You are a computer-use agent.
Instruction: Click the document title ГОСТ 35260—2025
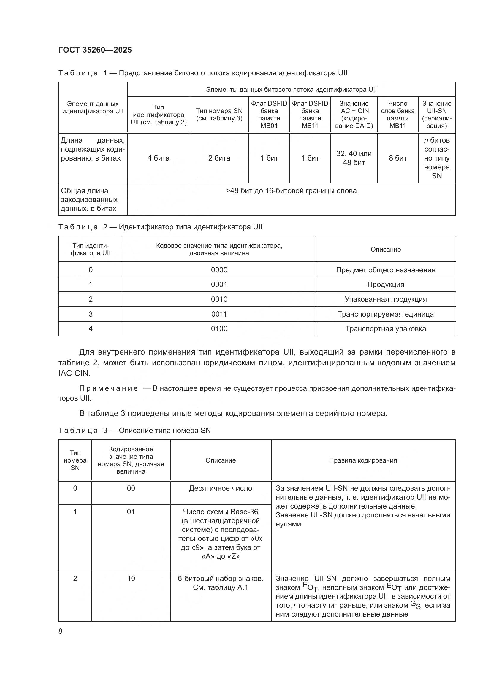tap(95, 50)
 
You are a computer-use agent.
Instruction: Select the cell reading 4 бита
tap(159, 158)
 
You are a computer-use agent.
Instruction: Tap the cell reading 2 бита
tap(219, 158)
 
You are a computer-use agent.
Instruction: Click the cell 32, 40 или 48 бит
tap(354, 158)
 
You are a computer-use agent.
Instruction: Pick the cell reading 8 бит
tap(397, 158)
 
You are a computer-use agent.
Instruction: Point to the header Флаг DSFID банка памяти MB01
tap(269, 115)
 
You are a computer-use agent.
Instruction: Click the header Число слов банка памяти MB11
tap(397, 115)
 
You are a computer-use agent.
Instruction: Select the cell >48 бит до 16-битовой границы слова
tap(291, 191)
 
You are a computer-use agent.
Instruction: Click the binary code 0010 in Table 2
tap(219, 299)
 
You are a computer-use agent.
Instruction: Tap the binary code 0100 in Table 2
tap(219, 328)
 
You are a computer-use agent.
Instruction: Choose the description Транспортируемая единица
tap(386, 314)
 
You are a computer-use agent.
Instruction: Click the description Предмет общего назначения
tap(386, 270)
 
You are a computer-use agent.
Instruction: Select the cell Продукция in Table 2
tap(386, 285)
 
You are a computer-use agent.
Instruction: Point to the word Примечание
tap(109, 388)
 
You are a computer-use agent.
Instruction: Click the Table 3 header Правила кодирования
tap(363, 460)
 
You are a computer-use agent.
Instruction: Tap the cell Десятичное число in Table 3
tap(220, 488)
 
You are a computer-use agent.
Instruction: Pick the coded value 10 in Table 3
tap(131, 578)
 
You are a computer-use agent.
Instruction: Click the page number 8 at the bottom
tap(61, 631)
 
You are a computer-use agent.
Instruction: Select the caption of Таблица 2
tap(160, 227)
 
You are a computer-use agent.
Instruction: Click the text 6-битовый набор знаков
tap(220, 578)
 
